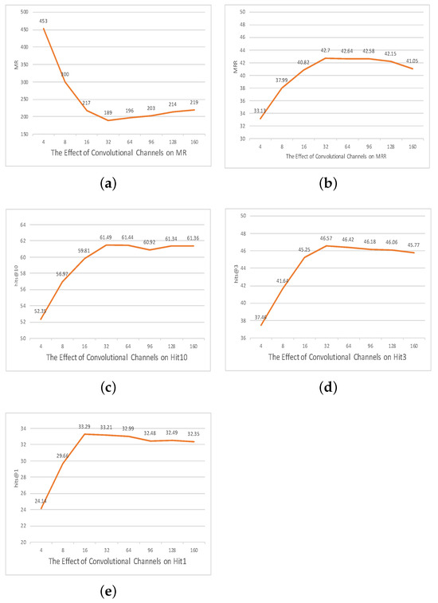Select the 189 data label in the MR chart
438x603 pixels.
coord(110,113)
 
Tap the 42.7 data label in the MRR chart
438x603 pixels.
coord(325,51)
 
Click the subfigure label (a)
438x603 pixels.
coord(109,182)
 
